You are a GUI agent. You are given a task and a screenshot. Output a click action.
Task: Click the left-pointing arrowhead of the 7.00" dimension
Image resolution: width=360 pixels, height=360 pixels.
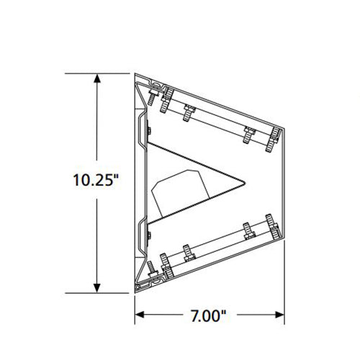(141, 315)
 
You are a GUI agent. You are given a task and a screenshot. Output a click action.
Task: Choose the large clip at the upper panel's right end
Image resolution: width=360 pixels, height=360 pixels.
(274, 138)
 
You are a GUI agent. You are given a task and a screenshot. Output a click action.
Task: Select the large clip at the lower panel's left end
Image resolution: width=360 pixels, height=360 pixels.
(166, 264)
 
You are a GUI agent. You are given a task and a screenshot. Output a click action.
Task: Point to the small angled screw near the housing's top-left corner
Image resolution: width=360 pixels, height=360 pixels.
(153, 88)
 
